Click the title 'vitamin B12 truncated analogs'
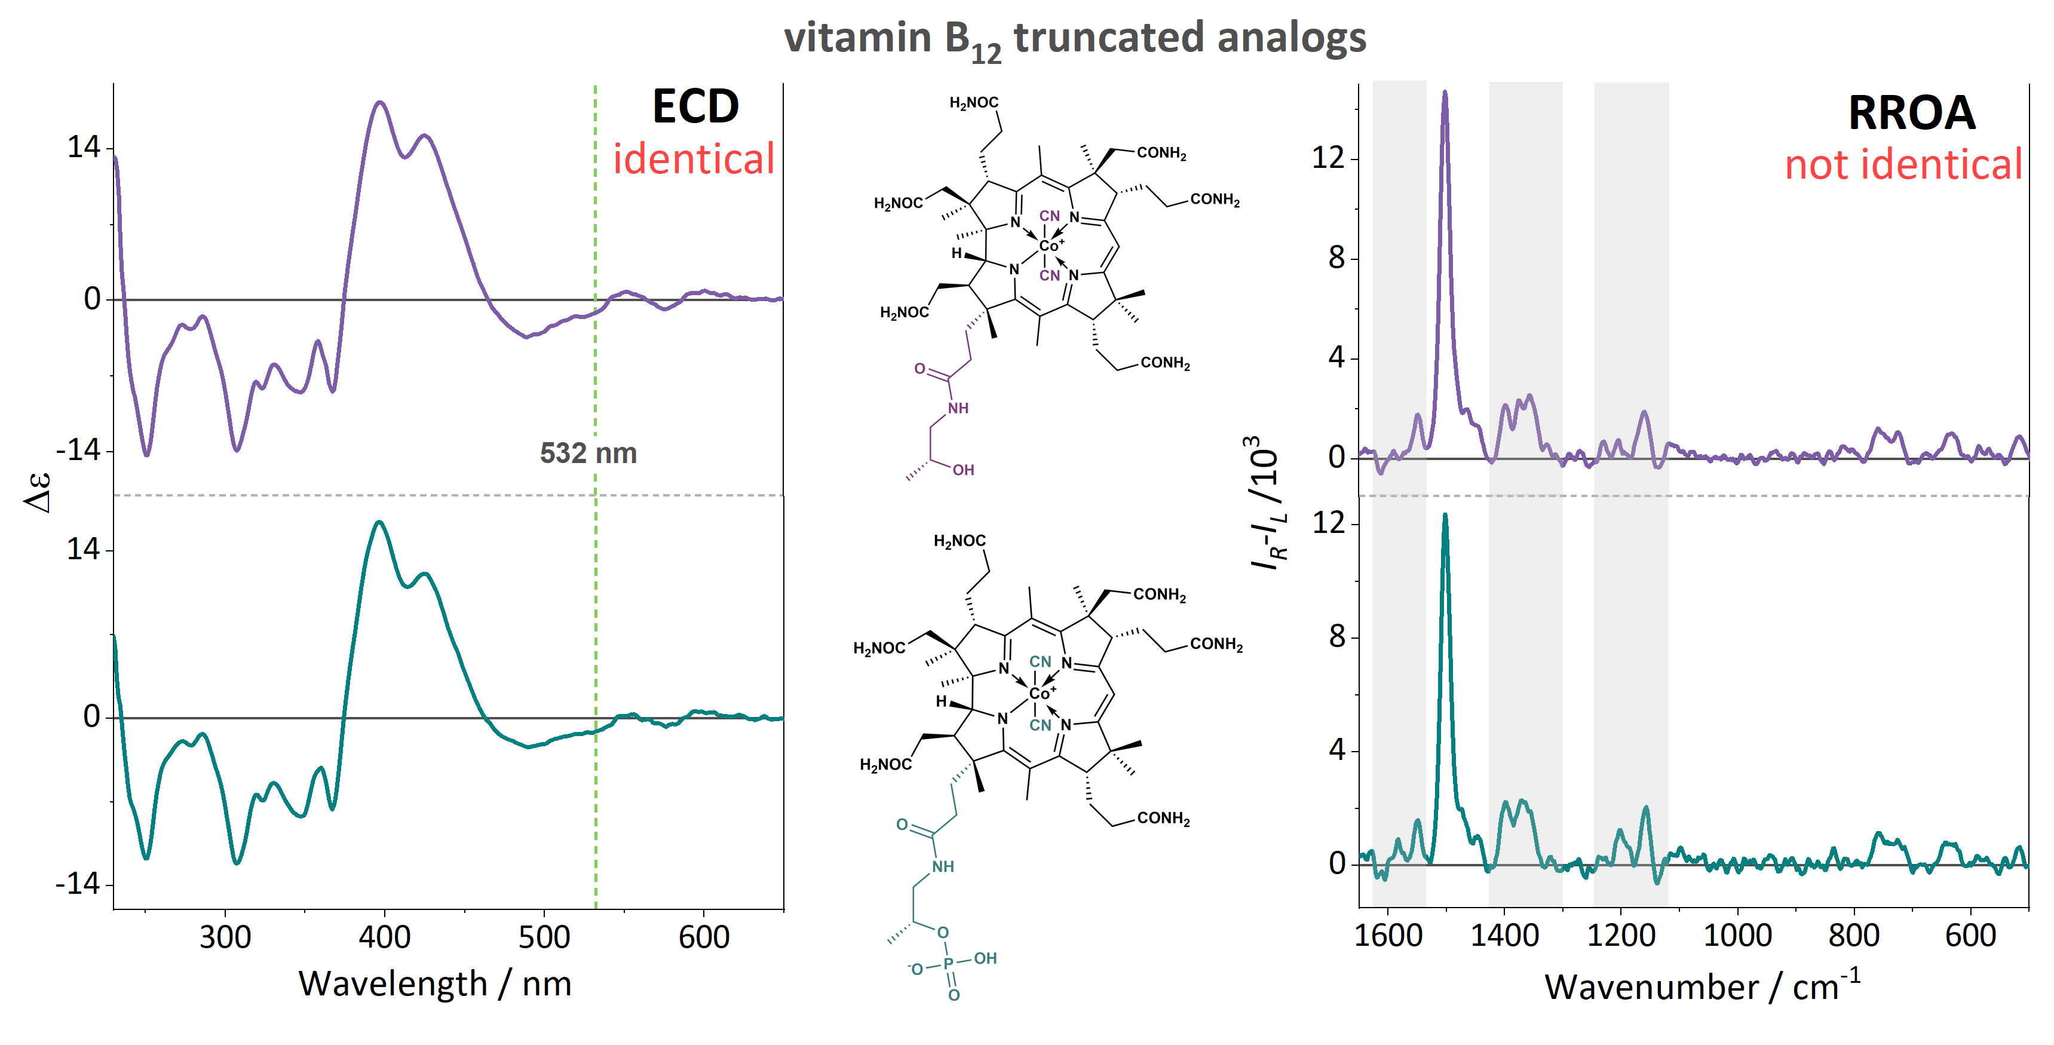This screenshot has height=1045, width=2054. coord(1074,38)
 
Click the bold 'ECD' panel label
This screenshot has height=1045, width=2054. coord(695,106)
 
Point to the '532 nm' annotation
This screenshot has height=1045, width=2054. coord(588,453)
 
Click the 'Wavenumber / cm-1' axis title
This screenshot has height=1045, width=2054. coord(1702,986)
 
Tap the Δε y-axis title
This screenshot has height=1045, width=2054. coord(38,492)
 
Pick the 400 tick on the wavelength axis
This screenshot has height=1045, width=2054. coord(384,936)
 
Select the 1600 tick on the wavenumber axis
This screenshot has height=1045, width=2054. coord(1388,935)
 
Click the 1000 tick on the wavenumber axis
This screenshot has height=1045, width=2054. coord(1737,935)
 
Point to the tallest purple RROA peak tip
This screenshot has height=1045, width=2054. coord(1444,93)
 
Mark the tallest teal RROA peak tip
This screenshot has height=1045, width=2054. coord(1445,515)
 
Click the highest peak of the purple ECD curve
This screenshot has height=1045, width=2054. coord(381,102)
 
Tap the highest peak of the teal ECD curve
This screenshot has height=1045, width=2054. coord(379,522)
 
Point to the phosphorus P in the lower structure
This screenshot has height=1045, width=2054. coord(949,964)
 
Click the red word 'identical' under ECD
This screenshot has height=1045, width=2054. coord(694,159)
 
